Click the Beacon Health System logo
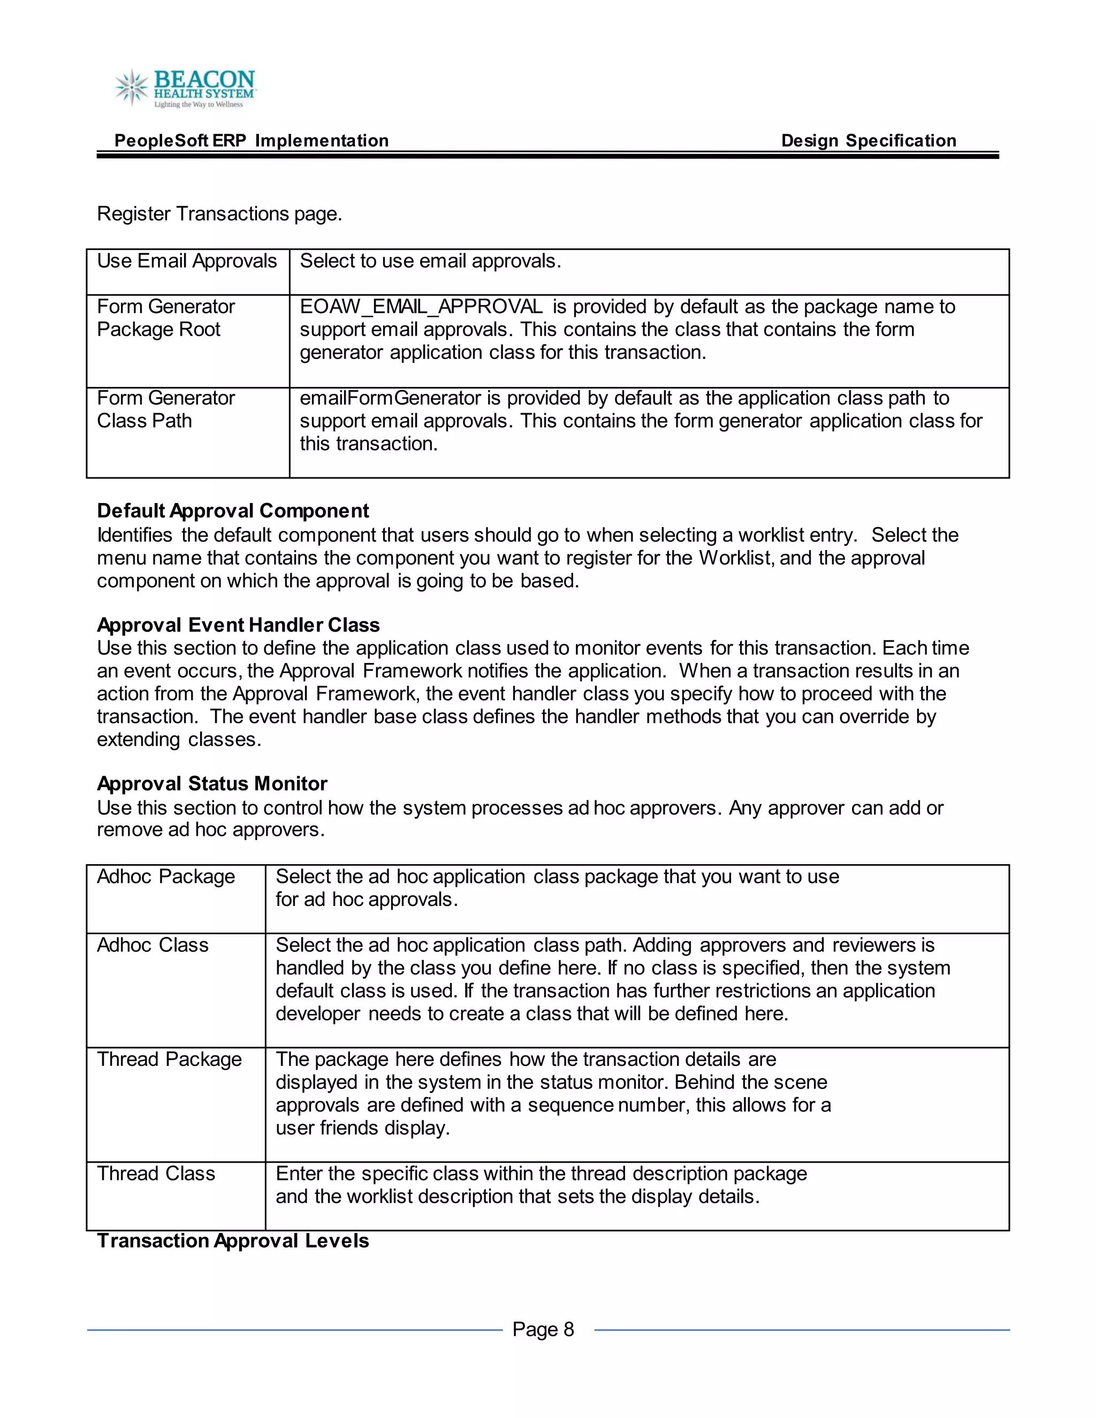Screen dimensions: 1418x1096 pyautogui.click(x=186, y=88)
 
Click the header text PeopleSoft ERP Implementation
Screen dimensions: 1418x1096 pyautogui.click(x=252, y=141)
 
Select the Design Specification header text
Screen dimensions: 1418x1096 pyautogui.click(x=868, y=141)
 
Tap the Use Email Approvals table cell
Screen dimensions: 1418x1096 pyautogui.click(x=187, y=261)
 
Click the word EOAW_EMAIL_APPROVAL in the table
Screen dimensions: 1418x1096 pyautogui.click(x=421, y=307)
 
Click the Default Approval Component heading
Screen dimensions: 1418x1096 pyautogui.click(x=232, y=511)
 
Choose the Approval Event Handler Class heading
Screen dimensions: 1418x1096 pyautogui.click(x=238, y=625)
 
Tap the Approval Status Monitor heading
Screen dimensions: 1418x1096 pyautogui.click(x=212, y=784)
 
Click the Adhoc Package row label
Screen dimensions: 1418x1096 pyautogui.click(x=165, y=876)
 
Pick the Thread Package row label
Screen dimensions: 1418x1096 pyautogui.click(x=169, y=1059)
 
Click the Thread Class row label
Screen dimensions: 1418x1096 pyautogui.click(x=156, y=1173)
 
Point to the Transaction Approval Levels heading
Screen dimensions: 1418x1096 pyautogui.click(x=232, y=1241)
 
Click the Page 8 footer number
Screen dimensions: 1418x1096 pyautogui.click(x=543, y=1329)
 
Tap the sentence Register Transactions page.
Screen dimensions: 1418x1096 pyautogui.click(x=219, y=214)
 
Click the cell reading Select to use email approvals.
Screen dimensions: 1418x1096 pyautogui.click(x=430, y=261)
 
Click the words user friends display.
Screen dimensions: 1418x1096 pyautogui.click(x=362, y=1128)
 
